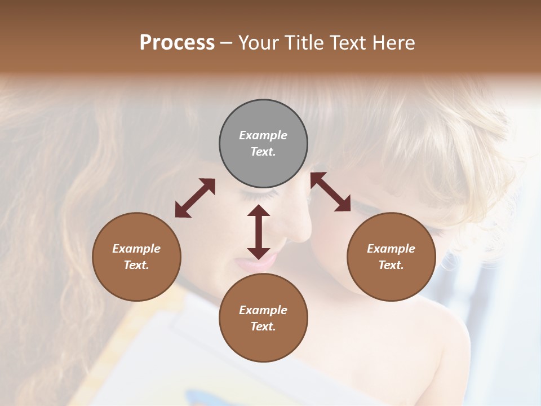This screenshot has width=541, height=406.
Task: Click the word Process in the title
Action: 177,43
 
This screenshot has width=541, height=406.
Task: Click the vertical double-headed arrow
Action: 259,232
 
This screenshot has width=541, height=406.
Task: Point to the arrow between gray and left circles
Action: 195,198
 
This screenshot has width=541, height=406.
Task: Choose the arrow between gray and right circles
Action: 331,192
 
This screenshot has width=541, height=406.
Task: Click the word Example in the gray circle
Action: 263,135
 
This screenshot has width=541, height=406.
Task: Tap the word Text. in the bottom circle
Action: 263,326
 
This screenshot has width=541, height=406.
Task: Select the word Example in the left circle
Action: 136,249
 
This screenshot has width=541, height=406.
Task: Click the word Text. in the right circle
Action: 391,265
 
